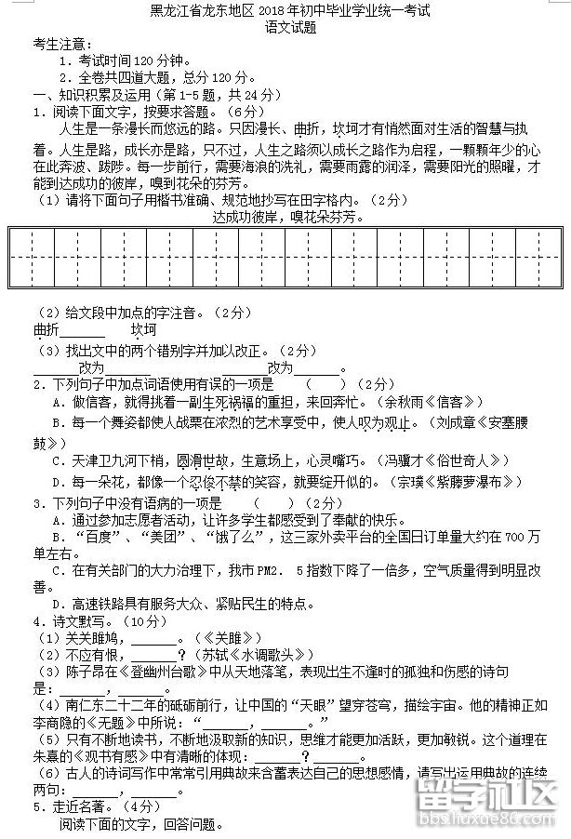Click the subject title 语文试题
click(285, 28)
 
